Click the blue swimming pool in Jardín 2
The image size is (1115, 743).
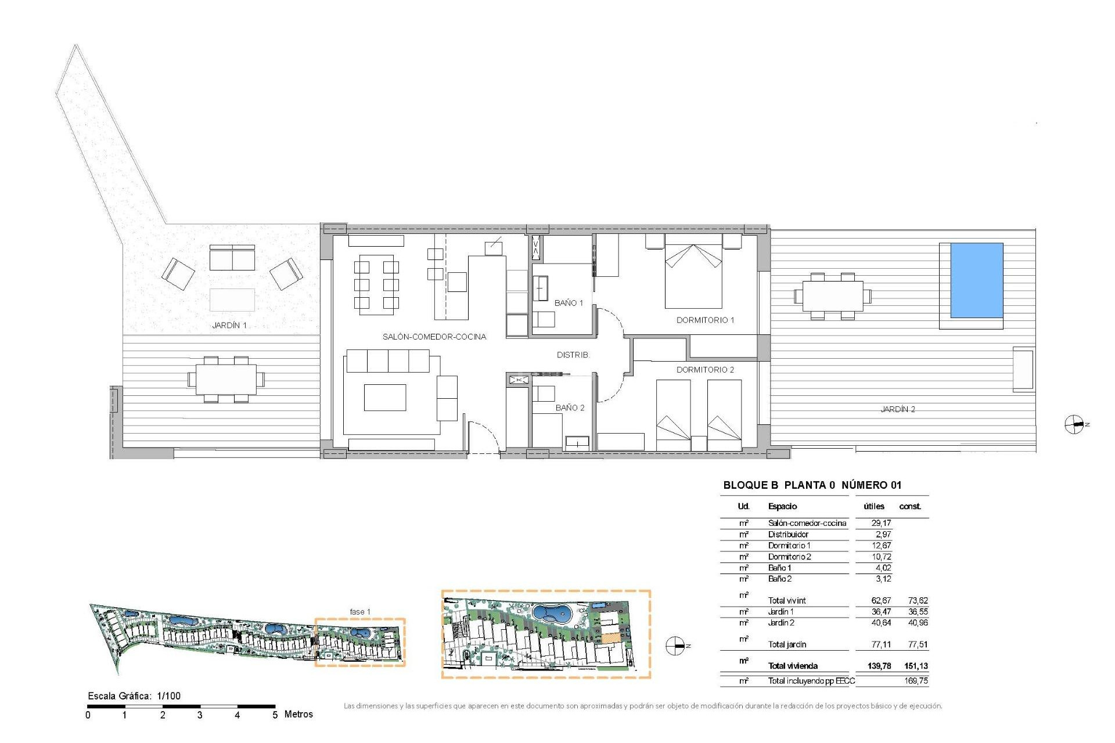pyautogui.click(x=977, y=280)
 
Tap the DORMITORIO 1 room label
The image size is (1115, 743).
pyautogui.click(x=705, y=320)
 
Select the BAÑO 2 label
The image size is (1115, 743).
pyautogui.click(x=570, y=407)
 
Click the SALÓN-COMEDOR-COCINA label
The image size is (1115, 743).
pyautogui.click(x=434, y=337)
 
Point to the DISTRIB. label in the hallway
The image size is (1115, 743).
pyautogui.click(x=573, y=355)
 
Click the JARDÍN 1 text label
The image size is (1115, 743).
pyautogui.click(x=229, y=325)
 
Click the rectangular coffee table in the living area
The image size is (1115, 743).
pyautogui.click(x=384, y=398)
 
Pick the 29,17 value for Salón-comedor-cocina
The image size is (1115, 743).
pyautogui.click(x=880, y=523)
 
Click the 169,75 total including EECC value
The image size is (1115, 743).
pyautogui.click(x=915, y=681)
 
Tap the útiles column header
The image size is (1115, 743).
pyautogui.click(x=873, y=506)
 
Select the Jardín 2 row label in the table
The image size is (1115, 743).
pyautogui.click(x=781, y=623)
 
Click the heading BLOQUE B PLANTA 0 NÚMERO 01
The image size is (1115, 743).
pyautogui.click(x=812, y=485)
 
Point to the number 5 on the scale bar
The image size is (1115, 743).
pyautogui.click(x=275, y=715)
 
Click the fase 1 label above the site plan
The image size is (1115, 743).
pyautogui.click(x=359, y=612)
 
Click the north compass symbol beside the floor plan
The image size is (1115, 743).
pyautogui.click(x=1074, y=424)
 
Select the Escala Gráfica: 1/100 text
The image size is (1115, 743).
pyautogui.click(x=134, y=696)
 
